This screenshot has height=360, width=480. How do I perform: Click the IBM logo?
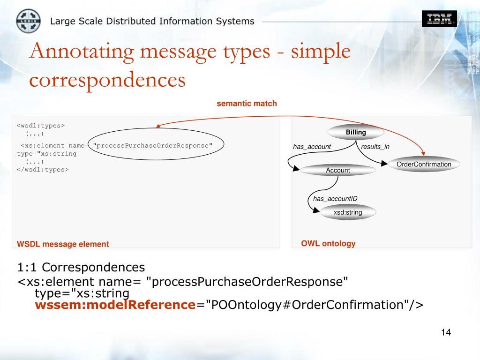[439, 19]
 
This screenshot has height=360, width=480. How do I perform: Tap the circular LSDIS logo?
[29, 21]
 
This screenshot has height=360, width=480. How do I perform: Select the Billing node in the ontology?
[356, 132]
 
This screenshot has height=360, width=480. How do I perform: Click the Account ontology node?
[338, 170]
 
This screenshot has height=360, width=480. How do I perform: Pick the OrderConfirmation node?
[424, 164]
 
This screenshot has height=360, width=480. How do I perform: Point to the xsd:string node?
[348, 212]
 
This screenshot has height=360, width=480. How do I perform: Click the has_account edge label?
[312, 147]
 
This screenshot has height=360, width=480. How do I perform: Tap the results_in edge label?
[375, 147]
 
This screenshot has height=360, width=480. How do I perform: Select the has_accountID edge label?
[335, 199]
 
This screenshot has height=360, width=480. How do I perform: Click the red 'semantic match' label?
[247, 103]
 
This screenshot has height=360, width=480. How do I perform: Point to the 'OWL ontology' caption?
[328, 243]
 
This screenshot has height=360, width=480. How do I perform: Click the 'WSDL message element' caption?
[63, 244]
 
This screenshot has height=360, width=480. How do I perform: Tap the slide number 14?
[445, 332]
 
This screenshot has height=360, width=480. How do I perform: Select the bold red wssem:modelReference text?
[115, 305]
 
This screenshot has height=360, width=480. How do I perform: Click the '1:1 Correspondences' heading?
[81, 267]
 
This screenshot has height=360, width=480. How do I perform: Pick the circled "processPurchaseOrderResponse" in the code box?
[153, 145]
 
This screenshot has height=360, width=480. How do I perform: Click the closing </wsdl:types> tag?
[43, 169]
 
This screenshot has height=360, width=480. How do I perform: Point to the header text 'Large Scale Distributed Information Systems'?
[152, 21]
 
